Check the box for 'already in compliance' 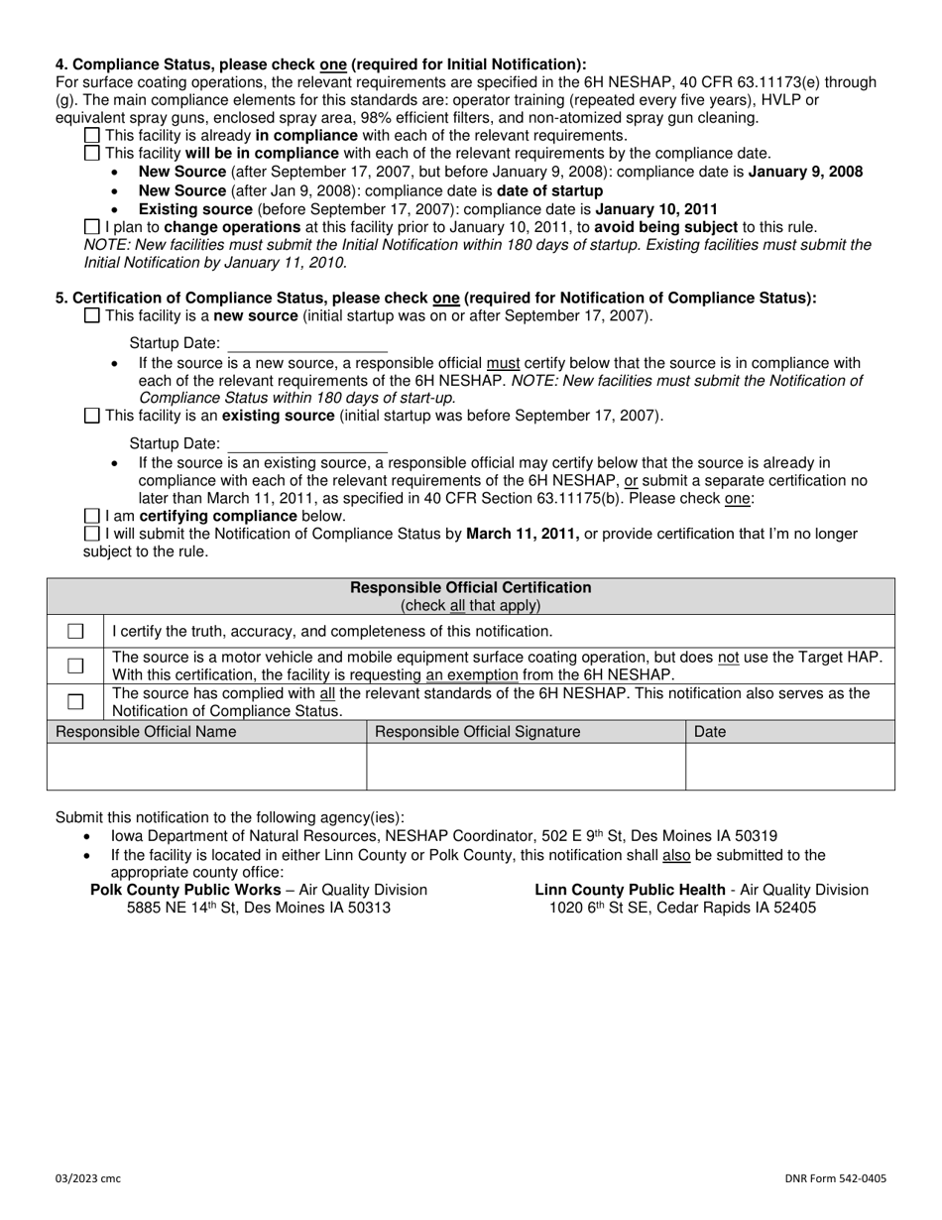point(92,135)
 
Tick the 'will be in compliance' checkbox point(92,153)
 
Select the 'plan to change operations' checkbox point(92,227)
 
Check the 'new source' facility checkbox point(92,315)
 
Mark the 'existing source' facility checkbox point(92,416)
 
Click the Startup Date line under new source point(307,343)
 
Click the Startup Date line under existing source point(307,443)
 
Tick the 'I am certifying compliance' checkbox point(92,516)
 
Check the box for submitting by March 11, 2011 point(92,534)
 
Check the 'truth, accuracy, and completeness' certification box point(75,631)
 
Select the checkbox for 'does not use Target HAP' point(75,666)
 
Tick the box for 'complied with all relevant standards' point(75,701)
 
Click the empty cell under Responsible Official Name point(206,766)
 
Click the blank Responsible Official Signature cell point(526,766)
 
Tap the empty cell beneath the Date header point(789,766)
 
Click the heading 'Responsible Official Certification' point(471,587)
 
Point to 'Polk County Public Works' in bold point(185,890)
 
